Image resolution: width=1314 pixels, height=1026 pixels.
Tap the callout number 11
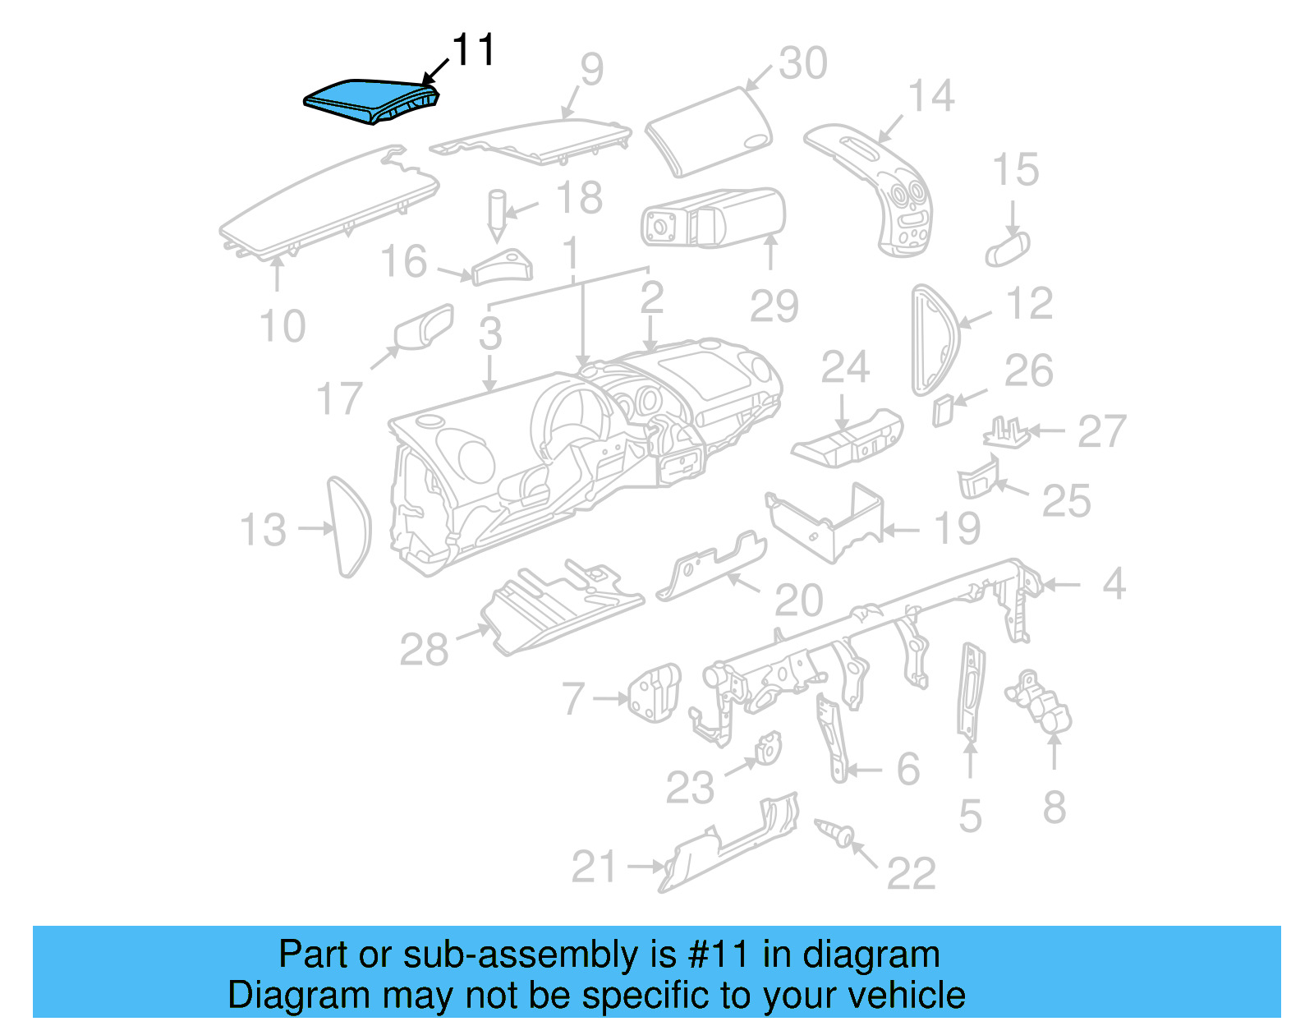tap(474, 51)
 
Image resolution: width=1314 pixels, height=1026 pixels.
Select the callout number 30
tap(802, 63)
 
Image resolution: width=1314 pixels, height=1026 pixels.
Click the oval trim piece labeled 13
tap(349, 527)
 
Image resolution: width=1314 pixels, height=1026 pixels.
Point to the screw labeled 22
tap(836, 834)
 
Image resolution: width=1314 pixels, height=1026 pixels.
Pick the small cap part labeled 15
tap(1007, 247)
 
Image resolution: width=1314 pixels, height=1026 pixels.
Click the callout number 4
tap(1114, 584)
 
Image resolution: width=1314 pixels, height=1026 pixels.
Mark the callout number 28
tap(424, 650)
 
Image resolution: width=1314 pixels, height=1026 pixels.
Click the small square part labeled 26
tap(942, 410)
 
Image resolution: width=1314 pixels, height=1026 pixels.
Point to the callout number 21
tap(593, 867)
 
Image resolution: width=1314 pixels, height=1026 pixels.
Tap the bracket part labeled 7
tap(654, 692)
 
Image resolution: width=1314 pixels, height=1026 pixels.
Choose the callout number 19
tap(957, 529)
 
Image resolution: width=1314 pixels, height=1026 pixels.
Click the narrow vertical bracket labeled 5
tap(972, 690)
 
